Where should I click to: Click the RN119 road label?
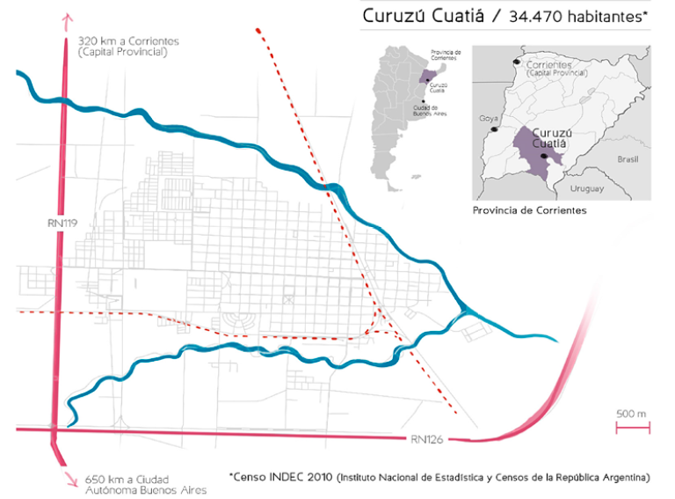pyautogui.click(x=63, y=224)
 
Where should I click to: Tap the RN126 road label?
pyautogui.click(x=427, y=438)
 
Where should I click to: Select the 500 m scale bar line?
pyautogui.click(x=631, y=428)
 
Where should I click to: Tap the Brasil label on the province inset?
pyautogui.click(x=628, y=160)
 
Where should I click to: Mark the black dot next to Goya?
pyautogui.click(x=494, y=129)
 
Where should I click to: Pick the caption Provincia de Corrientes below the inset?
pyautogui.click(x=529, y=211)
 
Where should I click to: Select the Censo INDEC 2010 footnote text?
pyautogui.click(x=281, y=476)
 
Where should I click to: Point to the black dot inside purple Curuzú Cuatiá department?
pyautogui.click(x=545, y=156)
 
